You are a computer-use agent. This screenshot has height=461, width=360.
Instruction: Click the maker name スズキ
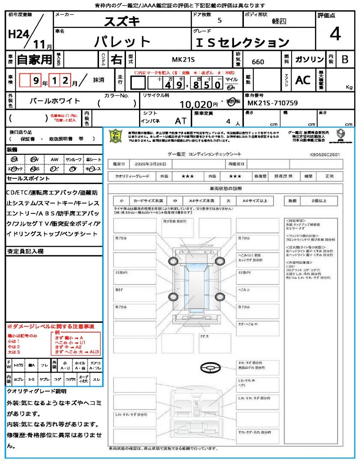pos(122,21)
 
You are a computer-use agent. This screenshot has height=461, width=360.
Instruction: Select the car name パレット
pos(122,42)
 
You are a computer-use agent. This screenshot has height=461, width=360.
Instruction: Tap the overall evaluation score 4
pos(334,34)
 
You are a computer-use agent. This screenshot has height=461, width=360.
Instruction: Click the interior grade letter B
pos(345,59)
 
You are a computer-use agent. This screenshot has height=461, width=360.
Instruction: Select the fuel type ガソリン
pos(309,59)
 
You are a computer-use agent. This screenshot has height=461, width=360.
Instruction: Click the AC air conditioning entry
pos(302,80)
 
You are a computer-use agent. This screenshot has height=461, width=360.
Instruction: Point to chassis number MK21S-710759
pos(273,103)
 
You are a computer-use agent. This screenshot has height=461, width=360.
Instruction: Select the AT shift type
pos(180,121)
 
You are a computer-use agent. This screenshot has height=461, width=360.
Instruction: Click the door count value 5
pos(219,21)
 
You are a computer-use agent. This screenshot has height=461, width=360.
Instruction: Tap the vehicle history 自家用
pos(34,59)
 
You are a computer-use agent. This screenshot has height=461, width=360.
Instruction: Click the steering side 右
pos(117,59)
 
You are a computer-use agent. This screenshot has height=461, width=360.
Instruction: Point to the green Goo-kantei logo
pos(116,136)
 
